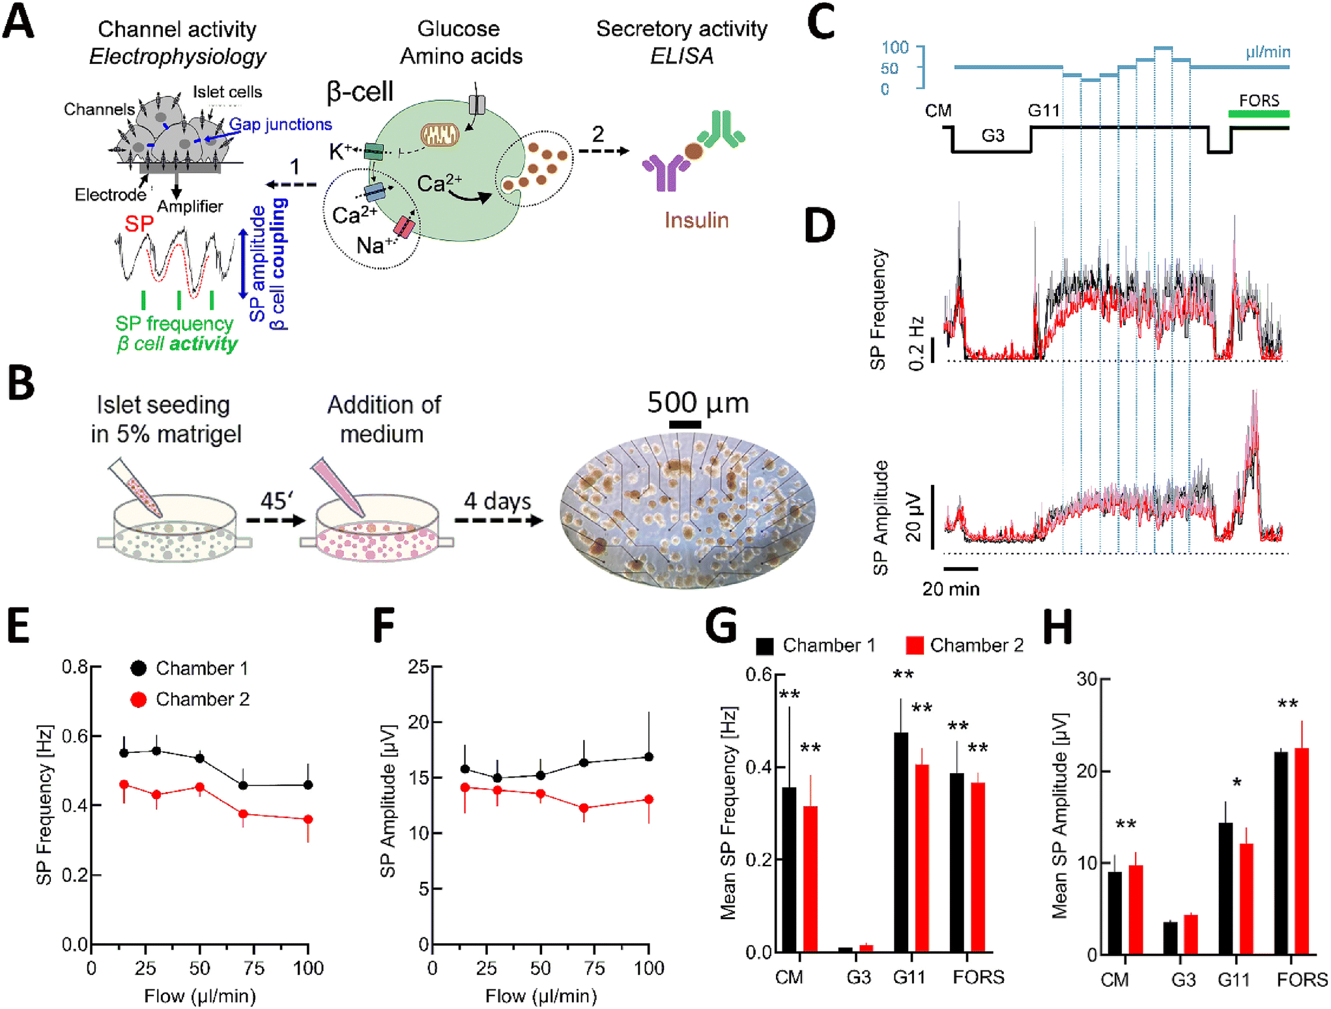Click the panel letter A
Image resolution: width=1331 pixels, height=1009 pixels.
pos(18,21)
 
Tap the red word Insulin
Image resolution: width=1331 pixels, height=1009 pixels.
pos(696,220)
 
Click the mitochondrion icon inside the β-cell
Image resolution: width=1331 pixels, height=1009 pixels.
pos(440,135)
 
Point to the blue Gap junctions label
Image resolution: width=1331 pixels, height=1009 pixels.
pos(281,124)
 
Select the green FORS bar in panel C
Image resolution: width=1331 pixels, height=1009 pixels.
pos(1259,114)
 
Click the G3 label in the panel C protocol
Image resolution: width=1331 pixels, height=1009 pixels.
pos(992,136)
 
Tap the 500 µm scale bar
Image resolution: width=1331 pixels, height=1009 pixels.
pos(685,425)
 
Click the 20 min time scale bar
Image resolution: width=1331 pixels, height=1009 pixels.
pos(960,568)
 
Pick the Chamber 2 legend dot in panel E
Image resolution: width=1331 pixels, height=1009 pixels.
pos(138,699)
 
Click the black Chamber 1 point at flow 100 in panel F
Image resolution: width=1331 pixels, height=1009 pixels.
pos(649,757)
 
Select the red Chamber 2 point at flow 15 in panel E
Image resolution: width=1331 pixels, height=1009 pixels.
pos(124,785)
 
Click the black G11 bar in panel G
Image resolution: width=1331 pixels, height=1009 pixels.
pos(901,842)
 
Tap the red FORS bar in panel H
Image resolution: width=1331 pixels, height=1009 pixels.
pos(1301,851)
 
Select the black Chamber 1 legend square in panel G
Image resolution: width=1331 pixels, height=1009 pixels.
pos(765,646)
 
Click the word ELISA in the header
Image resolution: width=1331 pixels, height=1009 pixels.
pos(681,56)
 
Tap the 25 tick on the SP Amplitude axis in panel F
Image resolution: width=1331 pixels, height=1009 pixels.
pos(418,667)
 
